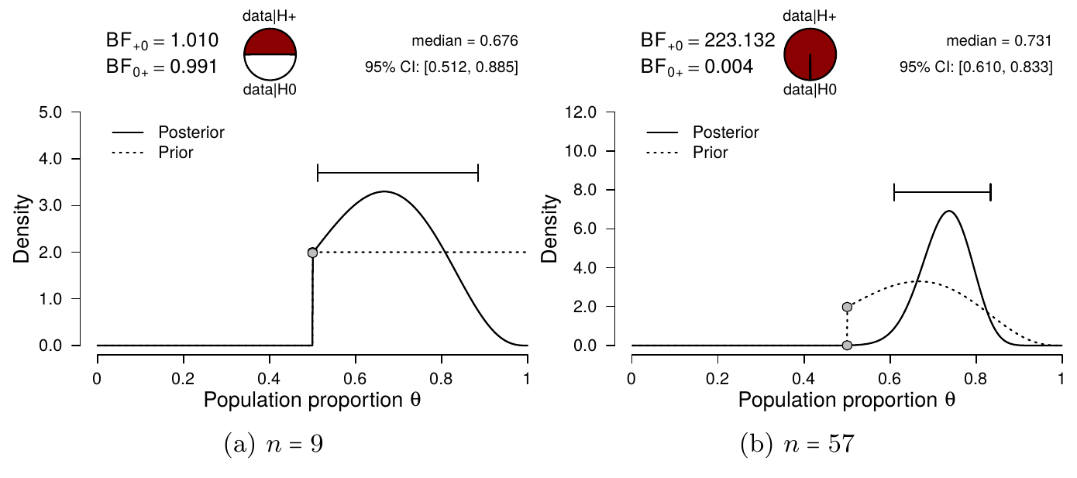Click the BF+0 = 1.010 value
point(162,40)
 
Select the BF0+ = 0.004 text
point(697,67)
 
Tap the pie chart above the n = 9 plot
point(270,54)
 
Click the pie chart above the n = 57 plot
point(810,54)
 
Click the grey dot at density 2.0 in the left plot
point(312,253)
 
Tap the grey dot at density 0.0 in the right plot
point(847,345)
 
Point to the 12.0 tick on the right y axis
point(582,112)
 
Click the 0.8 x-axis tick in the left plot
point(442,380)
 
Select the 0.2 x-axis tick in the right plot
point(717,380)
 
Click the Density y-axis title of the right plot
point(557,229)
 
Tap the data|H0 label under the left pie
point(270,91)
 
